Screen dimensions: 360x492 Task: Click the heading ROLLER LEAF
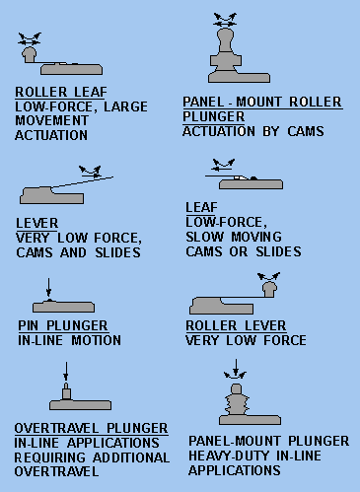coord(61,92)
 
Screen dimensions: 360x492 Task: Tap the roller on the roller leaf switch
coord(29,54)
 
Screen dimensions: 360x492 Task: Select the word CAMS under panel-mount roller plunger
coord(306,131)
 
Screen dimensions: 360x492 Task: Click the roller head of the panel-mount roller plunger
coord(226,39)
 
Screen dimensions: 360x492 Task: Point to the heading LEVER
coord(37,224)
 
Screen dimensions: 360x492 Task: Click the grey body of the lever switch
coord(51,195)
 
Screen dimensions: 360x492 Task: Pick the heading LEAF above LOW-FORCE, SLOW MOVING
coord(201,207)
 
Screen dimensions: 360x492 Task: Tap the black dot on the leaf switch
coord(253,178)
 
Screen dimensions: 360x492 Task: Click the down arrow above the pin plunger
coord(48,288)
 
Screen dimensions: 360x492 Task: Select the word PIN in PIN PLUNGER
coord(29,325)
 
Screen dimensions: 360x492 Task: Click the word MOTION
coord(97,340)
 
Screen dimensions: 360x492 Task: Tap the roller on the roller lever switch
coord(270,289)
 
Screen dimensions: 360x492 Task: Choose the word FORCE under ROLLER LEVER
coord(285,340)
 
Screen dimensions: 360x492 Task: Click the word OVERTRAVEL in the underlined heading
coord(56,428)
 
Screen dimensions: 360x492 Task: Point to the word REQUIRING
coord(50,457)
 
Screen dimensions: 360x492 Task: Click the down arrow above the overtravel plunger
coord(66,372)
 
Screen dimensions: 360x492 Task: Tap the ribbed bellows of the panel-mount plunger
coord(237,404)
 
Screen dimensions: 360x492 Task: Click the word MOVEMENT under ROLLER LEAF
coord(51,120)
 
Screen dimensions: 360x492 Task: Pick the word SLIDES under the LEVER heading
coord(117,252)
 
